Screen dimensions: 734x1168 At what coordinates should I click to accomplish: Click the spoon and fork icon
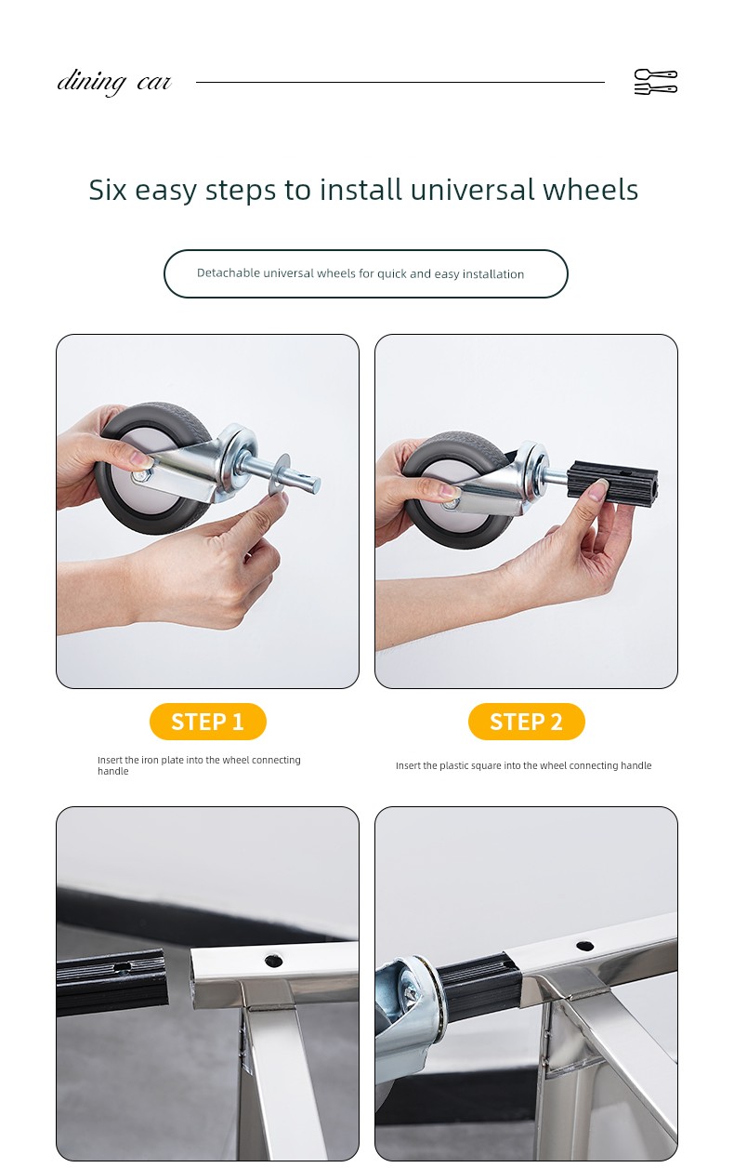point(655,82)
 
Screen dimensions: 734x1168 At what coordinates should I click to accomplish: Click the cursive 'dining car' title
point(114,82)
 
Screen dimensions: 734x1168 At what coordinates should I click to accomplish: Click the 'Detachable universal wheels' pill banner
point(366,273)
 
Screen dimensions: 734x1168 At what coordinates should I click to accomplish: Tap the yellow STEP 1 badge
point(208,722)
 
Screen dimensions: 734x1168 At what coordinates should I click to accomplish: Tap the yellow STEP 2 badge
point(526,722)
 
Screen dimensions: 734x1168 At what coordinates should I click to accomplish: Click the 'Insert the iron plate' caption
point(199,765)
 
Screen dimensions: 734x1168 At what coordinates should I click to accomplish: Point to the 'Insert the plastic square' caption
point(523,765)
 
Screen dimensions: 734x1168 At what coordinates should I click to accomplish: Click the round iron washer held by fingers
point(281,475)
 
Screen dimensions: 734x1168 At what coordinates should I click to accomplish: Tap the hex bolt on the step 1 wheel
point(142,475)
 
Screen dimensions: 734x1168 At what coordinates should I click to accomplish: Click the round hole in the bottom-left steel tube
point(273,961)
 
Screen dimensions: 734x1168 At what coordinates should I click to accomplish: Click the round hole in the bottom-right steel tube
point(584,946)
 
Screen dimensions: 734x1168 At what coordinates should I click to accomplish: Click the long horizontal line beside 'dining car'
point(400,82)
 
